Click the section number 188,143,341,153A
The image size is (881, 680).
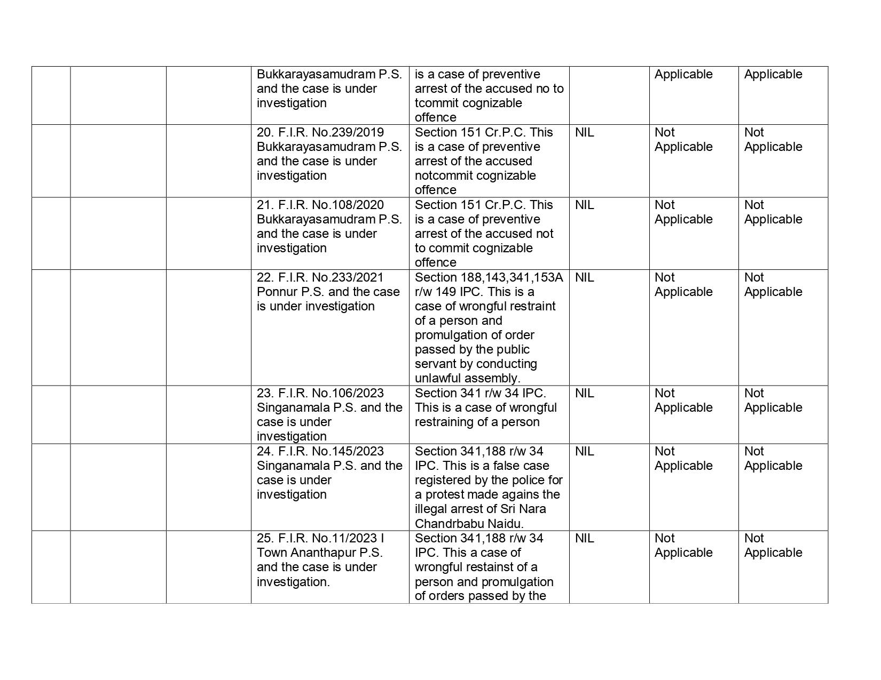(512, 277)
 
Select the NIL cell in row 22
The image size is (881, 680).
(584, 277)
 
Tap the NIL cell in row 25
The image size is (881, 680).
(584, 538)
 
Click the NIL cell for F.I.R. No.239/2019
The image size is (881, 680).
(584, 132)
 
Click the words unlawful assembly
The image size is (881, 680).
(467, 378)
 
